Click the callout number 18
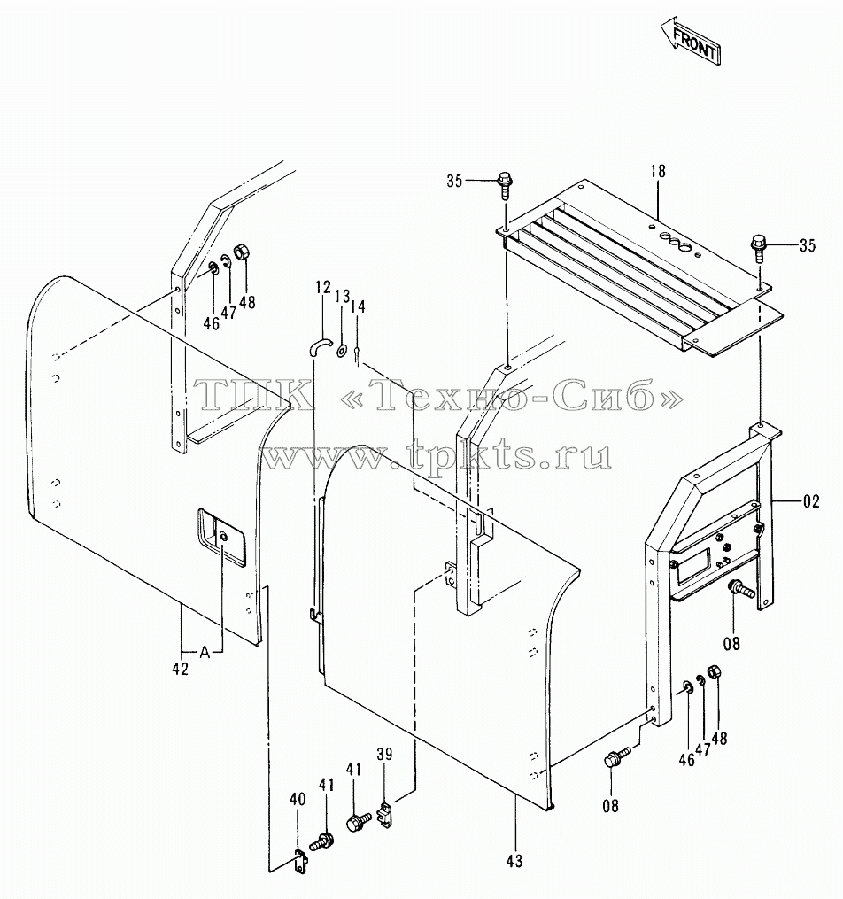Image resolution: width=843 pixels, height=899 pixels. [x=658, y=171]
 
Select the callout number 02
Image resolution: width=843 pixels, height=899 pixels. [x=811, y=501]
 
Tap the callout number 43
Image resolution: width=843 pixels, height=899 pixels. [x=514, y=861]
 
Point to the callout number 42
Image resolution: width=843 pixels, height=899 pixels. [x=180, y=669]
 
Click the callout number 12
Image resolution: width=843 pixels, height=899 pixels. [x=323, y=287]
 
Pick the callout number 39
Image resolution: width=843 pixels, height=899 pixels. [x=384, y=755]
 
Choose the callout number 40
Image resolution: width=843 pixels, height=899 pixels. [x=298, y=799]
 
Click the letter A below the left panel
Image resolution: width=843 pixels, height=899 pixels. [x=205, y=653]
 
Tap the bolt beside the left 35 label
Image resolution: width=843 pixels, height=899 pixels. [x=506, y=184]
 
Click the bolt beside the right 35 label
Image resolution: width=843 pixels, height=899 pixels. [x=760, y=247]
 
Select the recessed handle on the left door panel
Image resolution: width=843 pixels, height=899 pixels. [x=221, y=537]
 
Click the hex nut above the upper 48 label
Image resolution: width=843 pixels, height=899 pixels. [x=242, y=252]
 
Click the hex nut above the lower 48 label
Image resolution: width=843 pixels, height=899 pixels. [x=714, y=672]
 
